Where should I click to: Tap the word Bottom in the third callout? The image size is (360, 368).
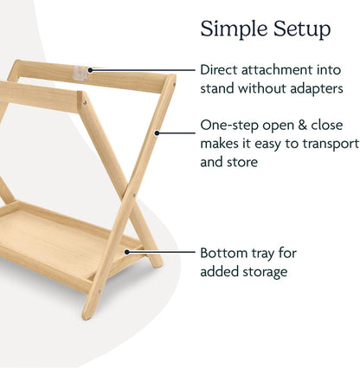[x=223, y=254]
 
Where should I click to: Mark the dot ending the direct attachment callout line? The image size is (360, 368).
[x=89, y=68]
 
